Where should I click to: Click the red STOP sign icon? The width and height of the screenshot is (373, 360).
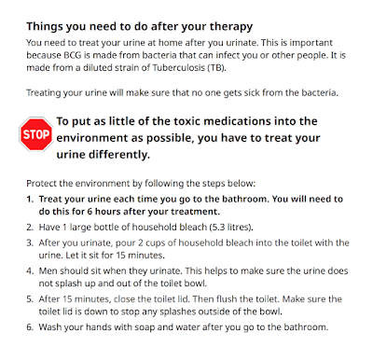[x=35, y=134]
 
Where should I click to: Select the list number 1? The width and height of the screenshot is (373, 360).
[x=30, y=199]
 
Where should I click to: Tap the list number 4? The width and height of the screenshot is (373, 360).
[x=30, y=270]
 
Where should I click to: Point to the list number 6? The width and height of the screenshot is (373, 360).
[x=30, y=327]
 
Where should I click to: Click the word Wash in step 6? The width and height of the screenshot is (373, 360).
[x=49, y=327]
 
